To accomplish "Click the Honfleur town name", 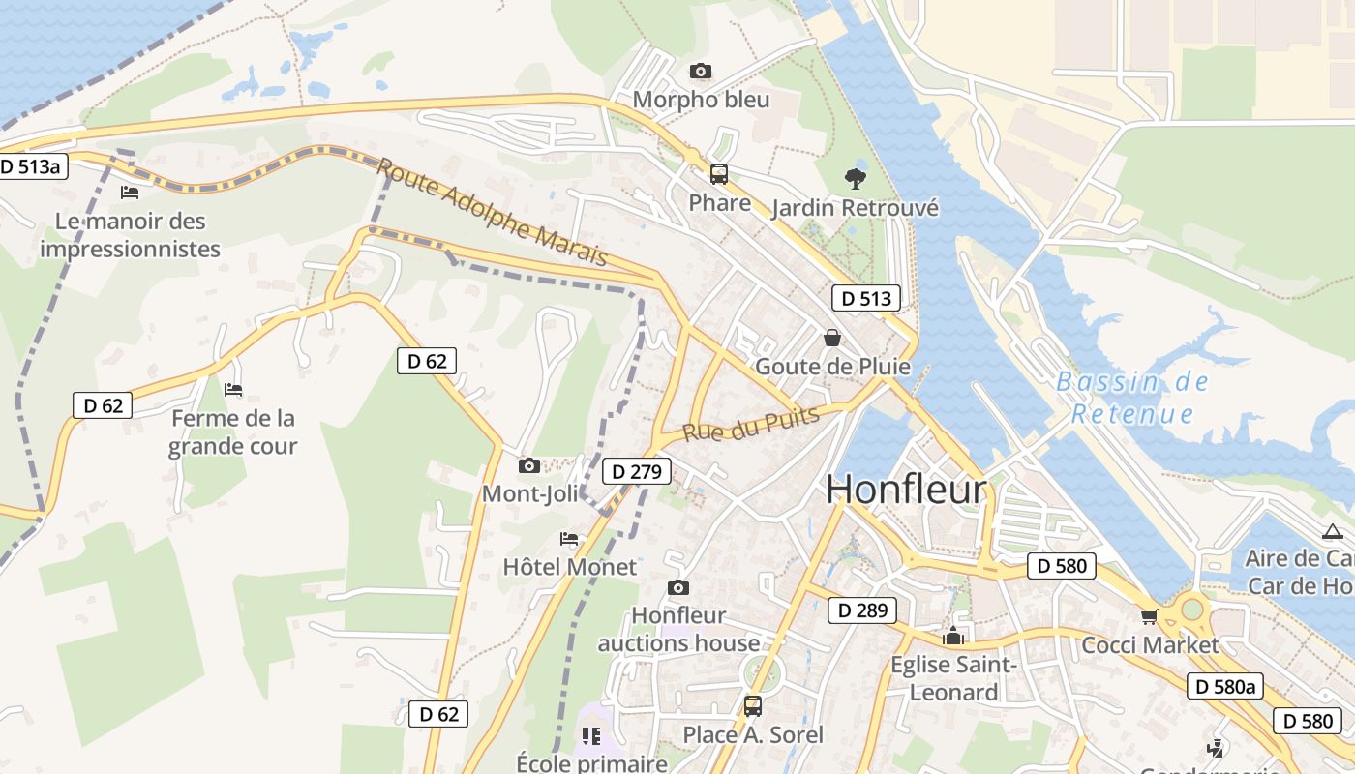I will pos(906,490).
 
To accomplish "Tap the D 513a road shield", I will pos(31,166).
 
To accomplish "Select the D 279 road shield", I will pos(637,472).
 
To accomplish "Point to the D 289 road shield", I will pos(862,610).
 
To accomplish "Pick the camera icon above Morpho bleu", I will pos(700,71).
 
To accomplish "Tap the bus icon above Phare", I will pos(719,174).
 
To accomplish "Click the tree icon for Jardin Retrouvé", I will pos(855,178).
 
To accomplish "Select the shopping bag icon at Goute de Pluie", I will pos(831,338).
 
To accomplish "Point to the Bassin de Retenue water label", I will pos(1132,397).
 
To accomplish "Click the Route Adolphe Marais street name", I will pos(492,213).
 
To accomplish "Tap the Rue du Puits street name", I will pos(751,423).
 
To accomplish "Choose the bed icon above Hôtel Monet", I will pos(569,538).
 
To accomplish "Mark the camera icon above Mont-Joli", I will pos(528,465).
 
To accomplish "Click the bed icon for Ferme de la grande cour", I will pos(233,390).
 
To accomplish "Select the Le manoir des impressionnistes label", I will pos(131,235).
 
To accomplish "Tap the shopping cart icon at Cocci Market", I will pos(1149,616).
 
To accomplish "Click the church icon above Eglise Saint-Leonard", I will pos(953,636).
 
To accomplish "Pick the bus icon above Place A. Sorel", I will pos(753,706).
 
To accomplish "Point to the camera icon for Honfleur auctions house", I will pos(678,587).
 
